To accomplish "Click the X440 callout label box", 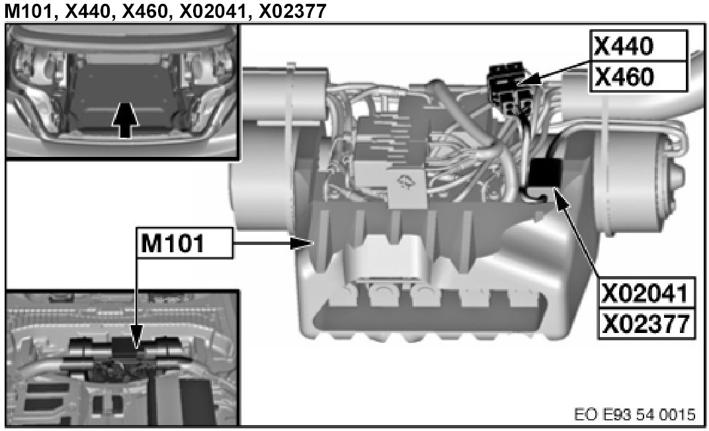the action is [638, 46].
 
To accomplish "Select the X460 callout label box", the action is [638, 77].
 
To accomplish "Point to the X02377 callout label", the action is [646, 324].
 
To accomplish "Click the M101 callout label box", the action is [185, 243].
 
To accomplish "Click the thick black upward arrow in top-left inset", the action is [125, 119].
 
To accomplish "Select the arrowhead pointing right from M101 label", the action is [302, 244].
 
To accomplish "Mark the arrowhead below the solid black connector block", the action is [561, 199].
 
